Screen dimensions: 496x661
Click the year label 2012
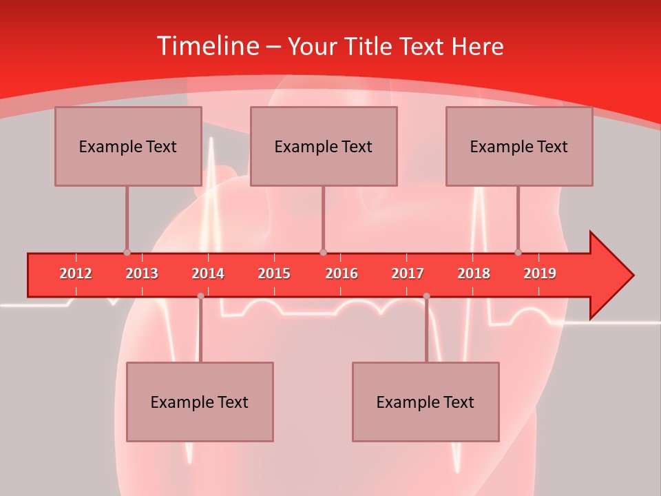coord(76,273)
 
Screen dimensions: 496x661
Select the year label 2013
coord(142,273)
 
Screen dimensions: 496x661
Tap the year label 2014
coord(208,273)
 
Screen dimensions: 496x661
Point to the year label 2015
coord(274,273)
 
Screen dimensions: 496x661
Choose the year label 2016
coord(342,273)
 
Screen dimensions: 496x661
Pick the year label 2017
coord(408,273)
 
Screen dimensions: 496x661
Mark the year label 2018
coord(474,273)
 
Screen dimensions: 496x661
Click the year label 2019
coord(540,273)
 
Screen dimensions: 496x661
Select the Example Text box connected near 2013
coord(128,146)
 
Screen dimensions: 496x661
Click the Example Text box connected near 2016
coord(324,146)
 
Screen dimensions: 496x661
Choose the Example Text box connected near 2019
coord(519,146)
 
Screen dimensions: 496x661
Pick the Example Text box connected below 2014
coord(200,402)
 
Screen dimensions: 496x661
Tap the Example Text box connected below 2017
coord(426,402)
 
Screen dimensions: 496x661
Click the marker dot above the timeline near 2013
coord(127,252)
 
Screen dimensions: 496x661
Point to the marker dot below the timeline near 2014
coord(200,296)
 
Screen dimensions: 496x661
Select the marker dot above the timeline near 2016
coord(323,252)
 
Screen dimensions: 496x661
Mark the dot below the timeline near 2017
coord(426,296)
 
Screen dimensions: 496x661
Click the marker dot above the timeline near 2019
coord(518,252)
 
